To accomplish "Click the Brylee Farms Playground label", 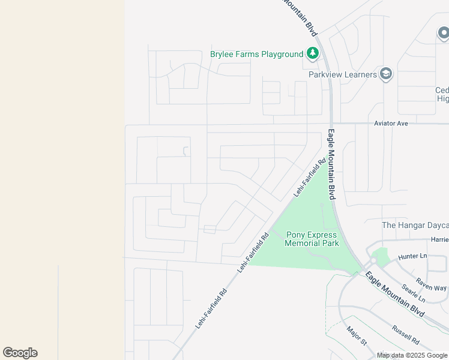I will tap(256, 54).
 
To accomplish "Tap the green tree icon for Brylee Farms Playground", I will tap(312, 54).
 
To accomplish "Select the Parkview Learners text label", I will tap(342, 74).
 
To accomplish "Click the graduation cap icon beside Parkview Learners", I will tap(385, 74).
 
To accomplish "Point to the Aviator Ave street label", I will tap(391, 123).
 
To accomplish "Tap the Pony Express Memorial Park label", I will tap(312, 239).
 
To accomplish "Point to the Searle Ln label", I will tap(414, 292).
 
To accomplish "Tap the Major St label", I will tap(357, 335).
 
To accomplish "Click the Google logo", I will tap(20, 353).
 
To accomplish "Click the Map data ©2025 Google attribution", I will tap(412, 355).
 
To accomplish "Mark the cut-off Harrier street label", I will tap(439, 239).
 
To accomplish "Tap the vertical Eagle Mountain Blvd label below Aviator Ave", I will tap(331, 164).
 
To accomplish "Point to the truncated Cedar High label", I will tap(442, 94).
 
